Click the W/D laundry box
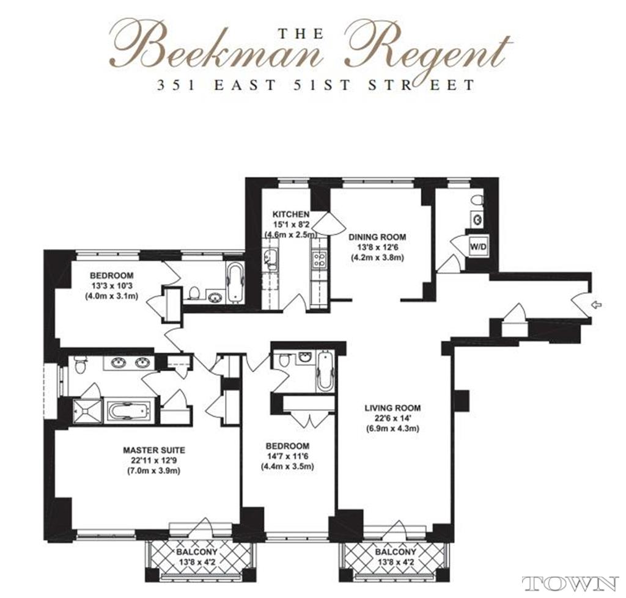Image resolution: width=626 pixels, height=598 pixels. [x=478, y=247]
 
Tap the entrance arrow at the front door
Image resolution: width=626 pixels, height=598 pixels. [x=596, y=305]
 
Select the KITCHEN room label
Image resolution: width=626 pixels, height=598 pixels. [x=290, y=214]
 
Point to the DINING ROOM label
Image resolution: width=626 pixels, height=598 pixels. [x=377, y=237]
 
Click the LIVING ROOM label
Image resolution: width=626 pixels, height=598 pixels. [x=392, y=407]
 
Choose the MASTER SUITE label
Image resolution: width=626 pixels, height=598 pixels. [x=153, y=450]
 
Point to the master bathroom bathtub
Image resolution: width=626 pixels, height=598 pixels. [x=130, y=411]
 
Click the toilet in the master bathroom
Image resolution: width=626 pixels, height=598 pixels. [x=80, y=365]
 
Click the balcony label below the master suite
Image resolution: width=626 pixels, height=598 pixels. [x=197, y=552]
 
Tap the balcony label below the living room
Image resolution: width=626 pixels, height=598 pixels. [x=396, y=552]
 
